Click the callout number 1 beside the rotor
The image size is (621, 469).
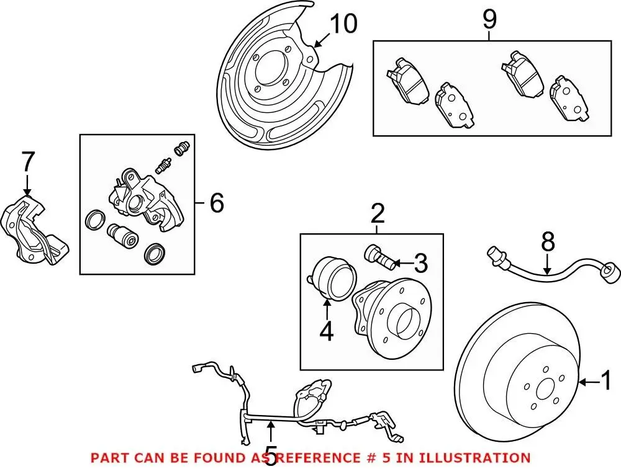click(607, 380)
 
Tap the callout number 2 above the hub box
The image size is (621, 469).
click(377, 215)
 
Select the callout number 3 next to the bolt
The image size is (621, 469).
click(421, 264)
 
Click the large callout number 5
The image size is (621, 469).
click(272, 455)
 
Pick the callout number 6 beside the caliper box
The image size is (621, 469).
click(217, 203)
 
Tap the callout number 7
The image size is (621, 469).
click(27, 163)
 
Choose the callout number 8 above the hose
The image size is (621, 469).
click(547, 243)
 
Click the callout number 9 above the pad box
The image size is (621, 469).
click(489, 20)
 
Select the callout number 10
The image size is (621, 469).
click(343, 24)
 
